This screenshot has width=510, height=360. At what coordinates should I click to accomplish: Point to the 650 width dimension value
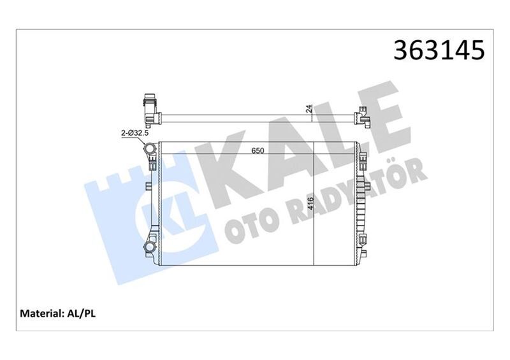[258, 151]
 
